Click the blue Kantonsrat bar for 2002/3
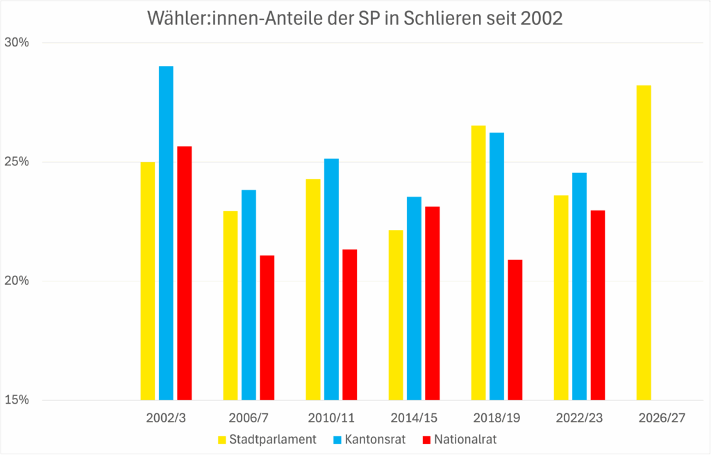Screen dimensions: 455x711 pos(166,233)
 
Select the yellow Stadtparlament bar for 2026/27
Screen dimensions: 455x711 pos(644,242)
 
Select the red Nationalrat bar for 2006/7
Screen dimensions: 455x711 pos(267,327)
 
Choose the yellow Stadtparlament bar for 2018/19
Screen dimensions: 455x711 pos(478,263)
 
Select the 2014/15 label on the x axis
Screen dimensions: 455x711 pos(414,420)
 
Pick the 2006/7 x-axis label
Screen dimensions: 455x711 pos(249,420)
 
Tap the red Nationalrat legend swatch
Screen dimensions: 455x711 pos(427,440)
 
